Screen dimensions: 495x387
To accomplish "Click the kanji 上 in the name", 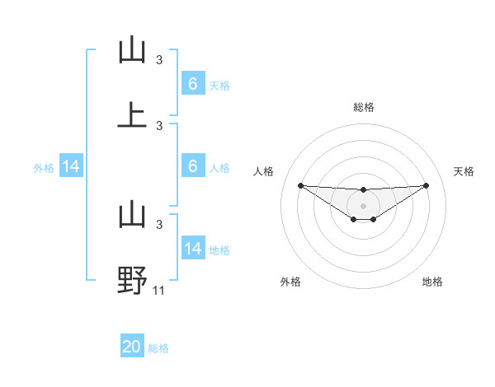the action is pyautogui.click(x=132, y=115).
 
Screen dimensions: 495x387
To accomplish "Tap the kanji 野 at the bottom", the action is pyautogui.click(x=132, y=279).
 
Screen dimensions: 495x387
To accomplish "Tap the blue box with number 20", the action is pyautogui.click(x=132, y=347).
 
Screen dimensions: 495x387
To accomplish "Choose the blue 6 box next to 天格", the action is pyautogui.click(x=193, y=84).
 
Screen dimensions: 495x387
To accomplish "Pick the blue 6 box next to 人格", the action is pyautogui.click(x=193, y=166).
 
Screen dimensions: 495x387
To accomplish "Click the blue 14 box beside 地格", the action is pyautogui.click(x=193, y=249).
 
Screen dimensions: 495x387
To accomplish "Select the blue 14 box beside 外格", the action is pyautogui.click(x=71, y=166).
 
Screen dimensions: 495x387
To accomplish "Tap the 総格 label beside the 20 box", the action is pyautogui.click(x=158, y=348).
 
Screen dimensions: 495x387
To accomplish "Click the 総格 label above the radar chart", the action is pyautogui.click(x=364, y=107).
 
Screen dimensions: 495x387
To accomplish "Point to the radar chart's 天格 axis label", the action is pyautogui.click(x=464, y=171).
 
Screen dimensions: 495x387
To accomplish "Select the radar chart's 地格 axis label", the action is pyautogui.click(x=432, y=282).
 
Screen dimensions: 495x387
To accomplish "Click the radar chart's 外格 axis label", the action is pyautogui.click(x=290, y=282).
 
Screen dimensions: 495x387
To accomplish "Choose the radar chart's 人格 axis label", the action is pyautogui.click(x=264, y=171).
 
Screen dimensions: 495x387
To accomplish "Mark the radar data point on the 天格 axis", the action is pyautogui.click(x=426, y=185).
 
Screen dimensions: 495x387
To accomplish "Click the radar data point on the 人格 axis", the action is pyautogui.click(x=300, y=185).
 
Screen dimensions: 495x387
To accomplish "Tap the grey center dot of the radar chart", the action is pyautogui.click(x=364, y=205).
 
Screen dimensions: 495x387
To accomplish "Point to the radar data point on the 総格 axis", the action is pyautogui.click(x=364, y=190).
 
